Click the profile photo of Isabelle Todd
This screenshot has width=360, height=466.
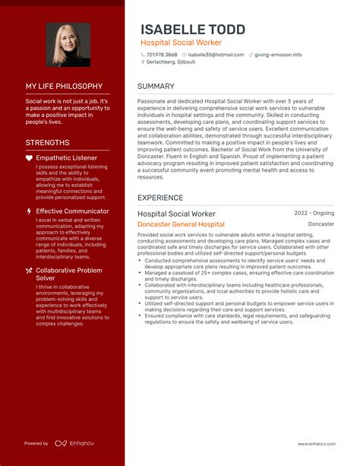[68, 45]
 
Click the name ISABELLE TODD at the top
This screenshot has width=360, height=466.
[193, 29]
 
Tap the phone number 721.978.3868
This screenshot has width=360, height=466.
[163, 55]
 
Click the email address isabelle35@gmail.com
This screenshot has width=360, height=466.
[216, 55]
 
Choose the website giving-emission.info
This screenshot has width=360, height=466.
[278, 55]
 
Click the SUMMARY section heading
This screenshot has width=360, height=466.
[156, 86]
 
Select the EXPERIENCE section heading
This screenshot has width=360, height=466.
[160, 198]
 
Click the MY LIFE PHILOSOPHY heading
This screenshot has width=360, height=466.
[64, 87]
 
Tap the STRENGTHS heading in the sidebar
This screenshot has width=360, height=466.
[47, 142]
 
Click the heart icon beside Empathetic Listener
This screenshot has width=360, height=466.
[29, 158]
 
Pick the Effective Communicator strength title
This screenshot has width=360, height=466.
[73, 211]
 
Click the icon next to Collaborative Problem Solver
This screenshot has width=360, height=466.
[29, 270]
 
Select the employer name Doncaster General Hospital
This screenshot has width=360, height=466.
[181, 225]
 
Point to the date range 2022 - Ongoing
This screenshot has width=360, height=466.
[314, 214]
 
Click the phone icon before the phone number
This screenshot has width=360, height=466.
[143, 55]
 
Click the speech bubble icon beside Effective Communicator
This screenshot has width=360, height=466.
[29, 211]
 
